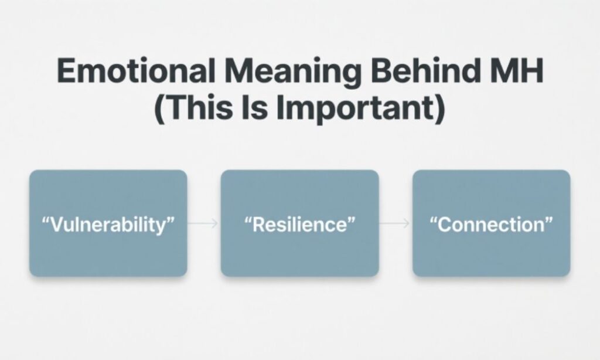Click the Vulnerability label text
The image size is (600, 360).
(108, 225)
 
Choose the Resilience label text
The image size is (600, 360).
(299, 225)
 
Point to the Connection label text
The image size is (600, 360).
(492, 225)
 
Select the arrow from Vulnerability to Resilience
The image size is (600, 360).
(204, 224)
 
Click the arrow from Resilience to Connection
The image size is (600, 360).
(396, 224)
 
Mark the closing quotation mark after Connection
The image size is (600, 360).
(548, 220)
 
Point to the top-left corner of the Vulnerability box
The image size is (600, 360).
(32, 172)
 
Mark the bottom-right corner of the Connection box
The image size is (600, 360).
(568, 274)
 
